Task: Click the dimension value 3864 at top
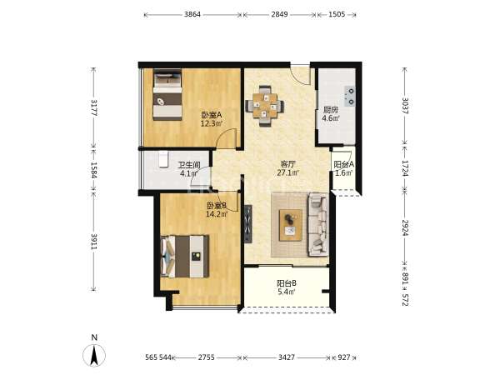coord(192,14)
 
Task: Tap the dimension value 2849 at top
coord(280,14)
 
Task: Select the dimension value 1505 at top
coord(337,14)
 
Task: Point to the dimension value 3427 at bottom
coord(287,357)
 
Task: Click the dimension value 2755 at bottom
coord(207,357)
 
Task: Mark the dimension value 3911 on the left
coord(93,242)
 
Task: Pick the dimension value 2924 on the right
coord(405,227)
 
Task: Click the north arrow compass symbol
coord(94,355)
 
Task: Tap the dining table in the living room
coord(265,106)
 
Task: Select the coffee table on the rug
coord(291,225)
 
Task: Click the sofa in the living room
coord(318,224)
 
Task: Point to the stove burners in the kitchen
coord(350,97)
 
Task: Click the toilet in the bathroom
coord(163,159)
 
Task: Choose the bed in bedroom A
coord(167,95)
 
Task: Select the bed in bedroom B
coord(185,257)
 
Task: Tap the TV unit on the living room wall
coord(248,224)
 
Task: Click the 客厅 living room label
coord(288,164)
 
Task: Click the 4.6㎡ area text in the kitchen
coord(331,118)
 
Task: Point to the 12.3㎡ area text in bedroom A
coord(212,123)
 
